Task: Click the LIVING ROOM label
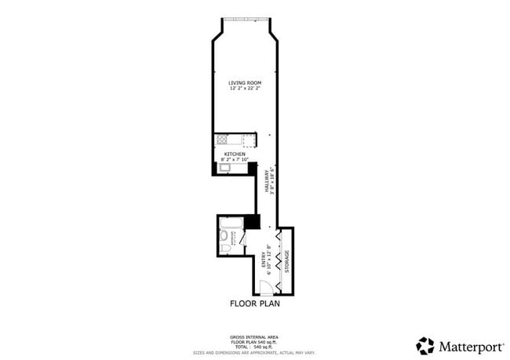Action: click(x=245, y=82)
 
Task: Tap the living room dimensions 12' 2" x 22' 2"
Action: click(x=245, y=89)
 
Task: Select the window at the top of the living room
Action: click(x=246, y=20)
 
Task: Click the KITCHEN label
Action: click(x=235, y=154)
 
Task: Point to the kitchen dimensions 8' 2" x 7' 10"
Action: click(x=235, y=160)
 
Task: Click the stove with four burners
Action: click(x=222, y=140)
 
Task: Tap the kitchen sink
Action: click(x=224, y=167)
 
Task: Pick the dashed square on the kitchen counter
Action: click(x=249, y=140)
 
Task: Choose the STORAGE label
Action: click(x=287, y=260)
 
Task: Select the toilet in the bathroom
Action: click(x=225, y=249)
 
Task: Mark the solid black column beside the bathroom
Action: click(x=252, y=221)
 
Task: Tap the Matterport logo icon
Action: click(x=425, y=345)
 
